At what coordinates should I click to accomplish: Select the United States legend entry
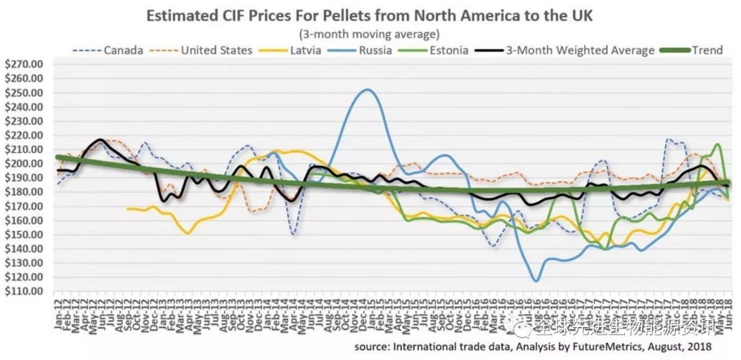click(x=216, y=50)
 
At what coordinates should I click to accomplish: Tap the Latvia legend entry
click(x=303, y=50)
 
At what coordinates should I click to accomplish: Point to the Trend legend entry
click(x=707, y=50)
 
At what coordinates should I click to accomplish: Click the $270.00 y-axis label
click(x=24, y=64)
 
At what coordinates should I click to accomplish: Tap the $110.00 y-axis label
click(x=24, y=291)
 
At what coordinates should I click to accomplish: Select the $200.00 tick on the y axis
click(x=24, y=164)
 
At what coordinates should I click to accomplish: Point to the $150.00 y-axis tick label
click(x=24, y=235)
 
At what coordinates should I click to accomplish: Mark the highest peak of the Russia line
click(x=368, y=89)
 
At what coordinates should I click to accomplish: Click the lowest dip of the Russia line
click(x=535, y=281)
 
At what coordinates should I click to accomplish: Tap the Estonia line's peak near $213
click(x=718, y=144)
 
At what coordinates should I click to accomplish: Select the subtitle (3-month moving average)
click(x=369, y=33)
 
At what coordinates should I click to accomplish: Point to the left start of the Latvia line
click(x=127, y=208)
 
